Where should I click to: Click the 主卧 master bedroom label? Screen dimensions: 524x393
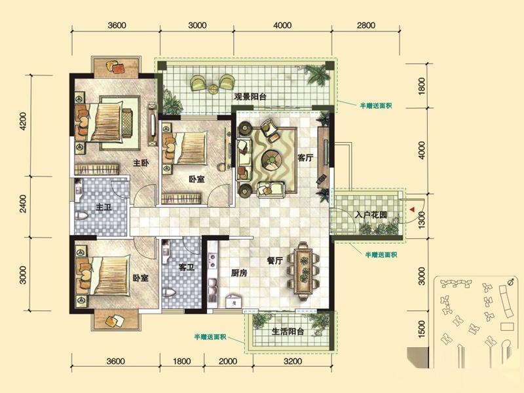[141, 163]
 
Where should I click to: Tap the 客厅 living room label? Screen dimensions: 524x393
[305, 157]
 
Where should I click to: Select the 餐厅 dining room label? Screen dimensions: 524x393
[275, 260]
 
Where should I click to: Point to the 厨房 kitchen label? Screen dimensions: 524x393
[239, 273]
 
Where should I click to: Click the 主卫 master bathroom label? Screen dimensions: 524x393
[103, 208]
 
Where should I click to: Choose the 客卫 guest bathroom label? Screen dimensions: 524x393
[187, 267]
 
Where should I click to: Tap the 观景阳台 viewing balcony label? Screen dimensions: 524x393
[250, 97]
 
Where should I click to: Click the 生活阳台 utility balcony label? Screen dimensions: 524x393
[288, 331]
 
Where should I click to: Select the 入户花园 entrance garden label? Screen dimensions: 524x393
[371, 215]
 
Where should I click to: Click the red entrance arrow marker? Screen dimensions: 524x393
[413, 210]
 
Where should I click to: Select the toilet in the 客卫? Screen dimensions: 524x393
[169, 293]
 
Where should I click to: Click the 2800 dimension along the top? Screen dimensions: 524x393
[366, 26]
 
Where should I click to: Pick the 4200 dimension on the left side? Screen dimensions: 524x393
[23, 121]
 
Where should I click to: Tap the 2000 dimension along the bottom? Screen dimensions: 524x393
[228, 362]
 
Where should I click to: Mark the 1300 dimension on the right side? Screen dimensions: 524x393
[422, 220]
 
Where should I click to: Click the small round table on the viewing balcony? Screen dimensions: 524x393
[214, 89]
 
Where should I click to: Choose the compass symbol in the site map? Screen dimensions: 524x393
[510, 282]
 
